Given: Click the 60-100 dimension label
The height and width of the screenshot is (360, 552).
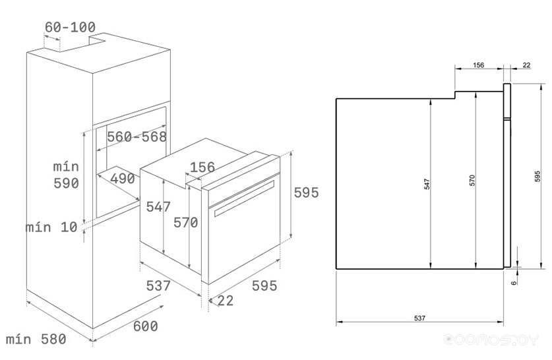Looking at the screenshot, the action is (70, 27).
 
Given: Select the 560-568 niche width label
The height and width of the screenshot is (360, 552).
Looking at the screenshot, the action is (137, 136).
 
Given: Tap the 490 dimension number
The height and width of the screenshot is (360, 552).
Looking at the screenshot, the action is (122, 179).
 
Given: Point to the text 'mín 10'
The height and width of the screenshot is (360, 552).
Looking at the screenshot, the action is (51, 227).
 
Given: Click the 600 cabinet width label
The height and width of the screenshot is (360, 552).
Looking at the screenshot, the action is (145, 326).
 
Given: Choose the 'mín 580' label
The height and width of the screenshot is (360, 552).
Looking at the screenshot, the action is (36, 340).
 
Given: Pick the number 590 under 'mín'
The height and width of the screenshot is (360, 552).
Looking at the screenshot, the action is (66, 183).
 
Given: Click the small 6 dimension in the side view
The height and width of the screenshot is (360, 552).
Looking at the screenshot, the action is (514, 282).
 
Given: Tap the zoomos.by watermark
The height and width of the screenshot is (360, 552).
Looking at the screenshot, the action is (491, 340).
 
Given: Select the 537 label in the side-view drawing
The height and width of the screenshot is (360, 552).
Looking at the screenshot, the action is (419, 318).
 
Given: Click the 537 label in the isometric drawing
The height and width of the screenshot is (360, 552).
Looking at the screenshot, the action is (158, 285).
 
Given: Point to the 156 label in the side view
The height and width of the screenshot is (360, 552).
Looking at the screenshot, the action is (478, 65).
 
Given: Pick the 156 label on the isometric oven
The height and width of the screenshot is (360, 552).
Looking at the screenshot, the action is (202, 167).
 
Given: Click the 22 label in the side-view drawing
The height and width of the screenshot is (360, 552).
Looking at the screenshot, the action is (526, 65).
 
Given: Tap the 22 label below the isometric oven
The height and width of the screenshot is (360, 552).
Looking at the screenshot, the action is (226, 301).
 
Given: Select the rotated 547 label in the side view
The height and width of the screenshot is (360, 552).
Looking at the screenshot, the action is (427, 184).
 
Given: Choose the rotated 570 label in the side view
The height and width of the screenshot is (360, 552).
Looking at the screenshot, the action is (472, 180).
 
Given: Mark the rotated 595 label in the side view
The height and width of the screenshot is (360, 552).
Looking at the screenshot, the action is (537, 176).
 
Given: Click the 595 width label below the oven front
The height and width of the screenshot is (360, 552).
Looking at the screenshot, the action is (264, 285).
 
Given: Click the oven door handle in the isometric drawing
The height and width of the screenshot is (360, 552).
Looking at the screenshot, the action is (244, 198).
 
